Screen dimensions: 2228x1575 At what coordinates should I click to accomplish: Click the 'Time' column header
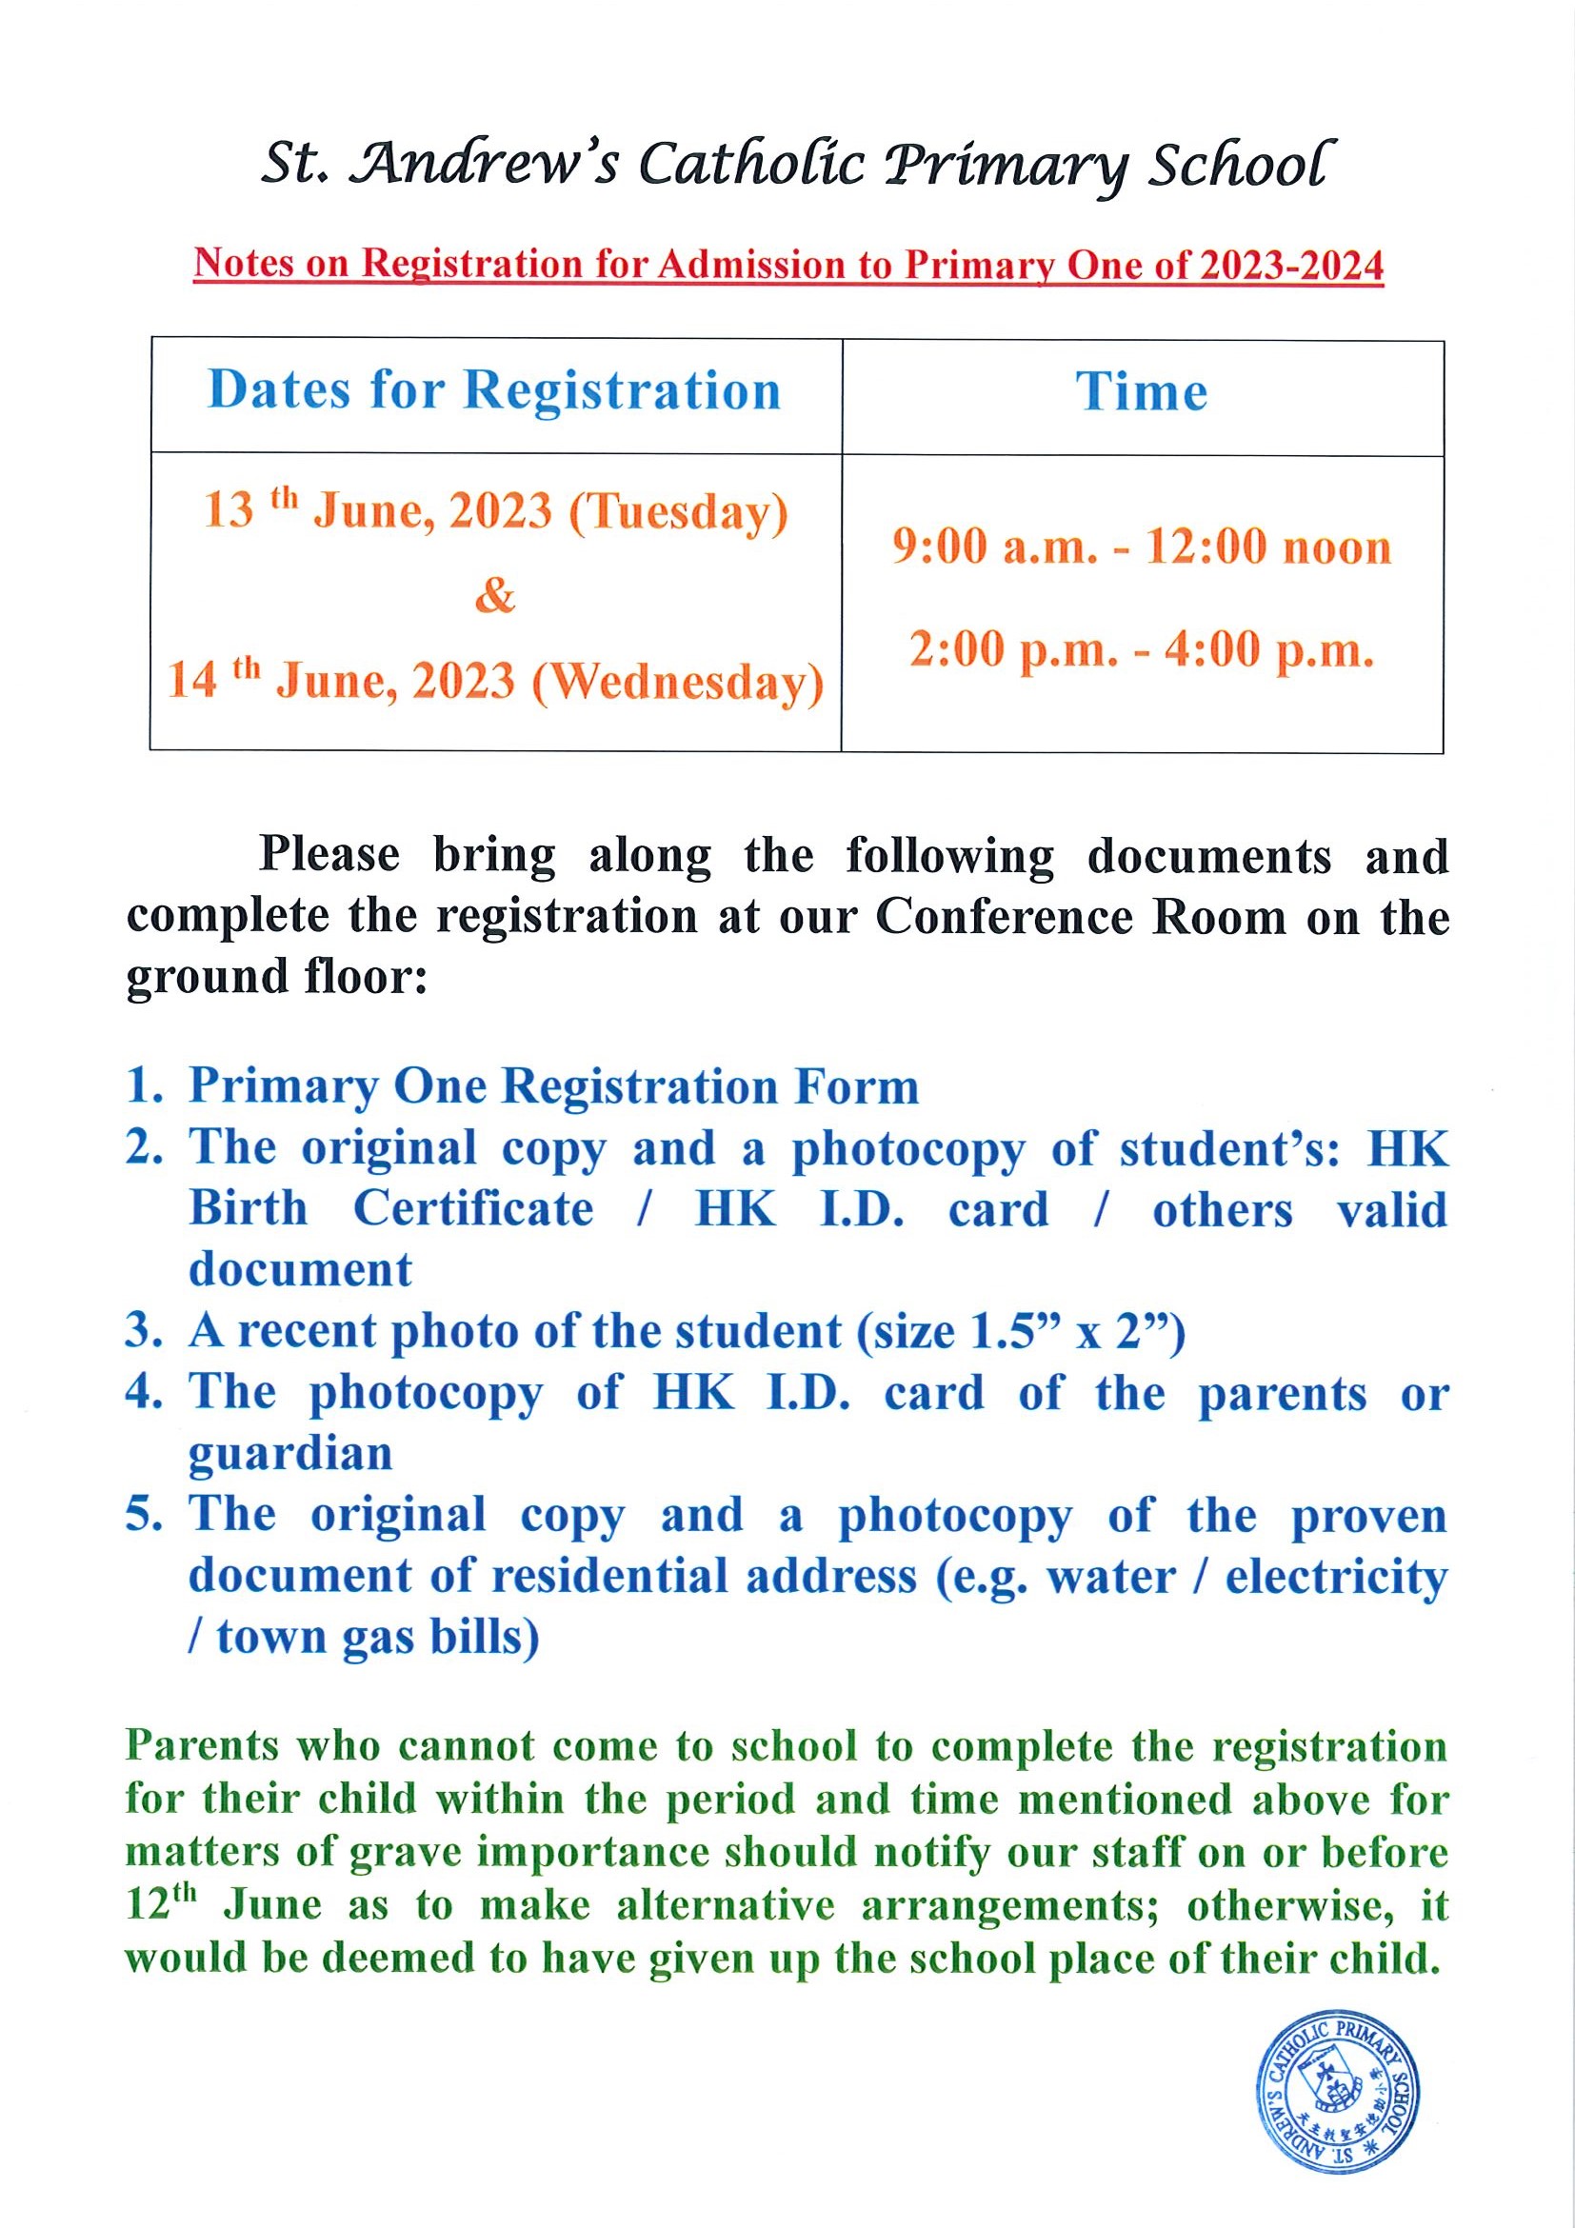coord(1141,393)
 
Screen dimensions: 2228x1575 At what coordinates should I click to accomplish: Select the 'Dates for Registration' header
coord(494,391)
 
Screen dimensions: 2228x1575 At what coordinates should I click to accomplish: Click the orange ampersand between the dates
coord(494,595)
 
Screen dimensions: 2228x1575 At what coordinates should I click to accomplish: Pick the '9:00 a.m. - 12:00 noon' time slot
coord(1142,547)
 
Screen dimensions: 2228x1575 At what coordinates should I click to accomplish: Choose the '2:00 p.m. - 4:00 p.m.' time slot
coord(1142,649)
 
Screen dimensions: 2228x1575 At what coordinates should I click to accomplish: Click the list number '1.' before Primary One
coord(145,1085)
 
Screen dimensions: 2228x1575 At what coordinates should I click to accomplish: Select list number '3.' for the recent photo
coord(145,1331)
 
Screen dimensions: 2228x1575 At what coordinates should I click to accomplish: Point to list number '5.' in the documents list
coord(145,1515)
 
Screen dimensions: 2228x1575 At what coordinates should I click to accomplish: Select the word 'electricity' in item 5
coord(1335,1576)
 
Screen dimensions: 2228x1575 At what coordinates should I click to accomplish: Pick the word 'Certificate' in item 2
coord(472,1209)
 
